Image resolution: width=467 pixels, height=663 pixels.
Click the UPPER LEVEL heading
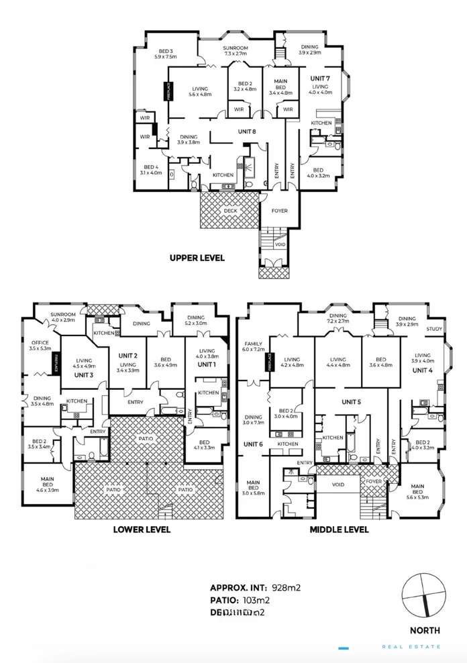(197, 257)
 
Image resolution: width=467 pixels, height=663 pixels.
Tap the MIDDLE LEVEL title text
(339, 529)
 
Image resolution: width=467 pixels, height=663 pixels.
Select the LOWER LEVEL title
(142, 529)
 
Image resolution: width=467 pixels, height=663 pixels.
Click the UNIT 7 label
(320, 79)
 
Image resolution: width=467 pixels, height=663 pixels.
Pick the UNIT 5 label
(351, 402)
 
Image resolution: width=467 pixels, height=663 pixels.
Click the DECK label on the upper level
(230, 210)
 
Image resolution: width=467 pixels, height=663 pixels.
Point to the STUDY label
(433, 329)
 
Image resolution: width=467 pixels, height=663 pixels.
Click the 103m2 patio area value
(258, 600)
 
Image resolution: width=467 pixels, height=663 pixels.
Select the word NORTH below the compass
(425, 630)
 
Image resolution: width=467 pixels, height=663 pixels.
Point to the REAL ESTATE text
(411, 647)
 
